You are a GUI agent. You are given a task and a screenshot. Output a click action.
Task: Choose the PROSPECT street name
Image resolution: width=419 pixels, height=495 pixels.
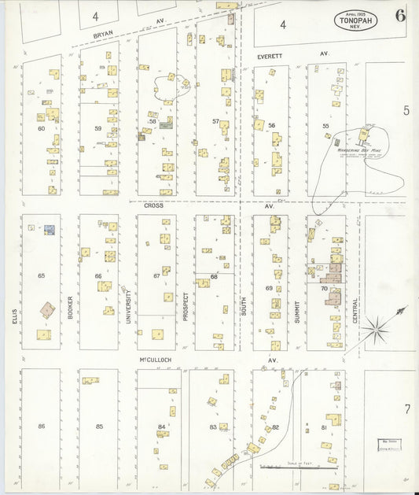click(186, 305)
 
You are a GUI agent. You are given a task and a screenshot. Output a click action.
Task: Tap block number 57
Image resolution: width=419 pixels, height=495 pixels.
click(215, 121)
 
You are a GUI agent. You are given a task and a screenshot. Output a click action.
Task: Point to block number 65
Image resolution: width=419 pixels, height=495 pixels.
click(41, 276)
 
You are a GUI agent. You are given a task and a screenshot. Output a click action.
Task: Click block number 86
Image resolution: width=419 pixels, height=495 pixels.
click(41, 426)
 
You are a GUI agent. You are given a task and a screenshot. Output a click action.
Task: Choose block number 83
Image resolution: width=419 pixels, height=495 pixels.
click(213, 426)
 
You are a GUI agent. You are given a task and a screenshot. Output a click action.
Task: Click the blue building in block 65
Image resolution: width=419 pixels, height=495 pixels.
click(49, 230)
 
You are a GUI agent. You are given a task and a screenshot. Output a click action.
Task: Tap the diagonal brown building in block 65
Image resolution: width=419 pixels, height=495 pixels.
click(47, 309)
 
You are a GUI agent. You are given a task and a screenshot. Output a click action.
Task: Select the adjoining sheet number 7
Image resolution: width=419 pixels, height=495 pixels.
click(406, 408)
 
